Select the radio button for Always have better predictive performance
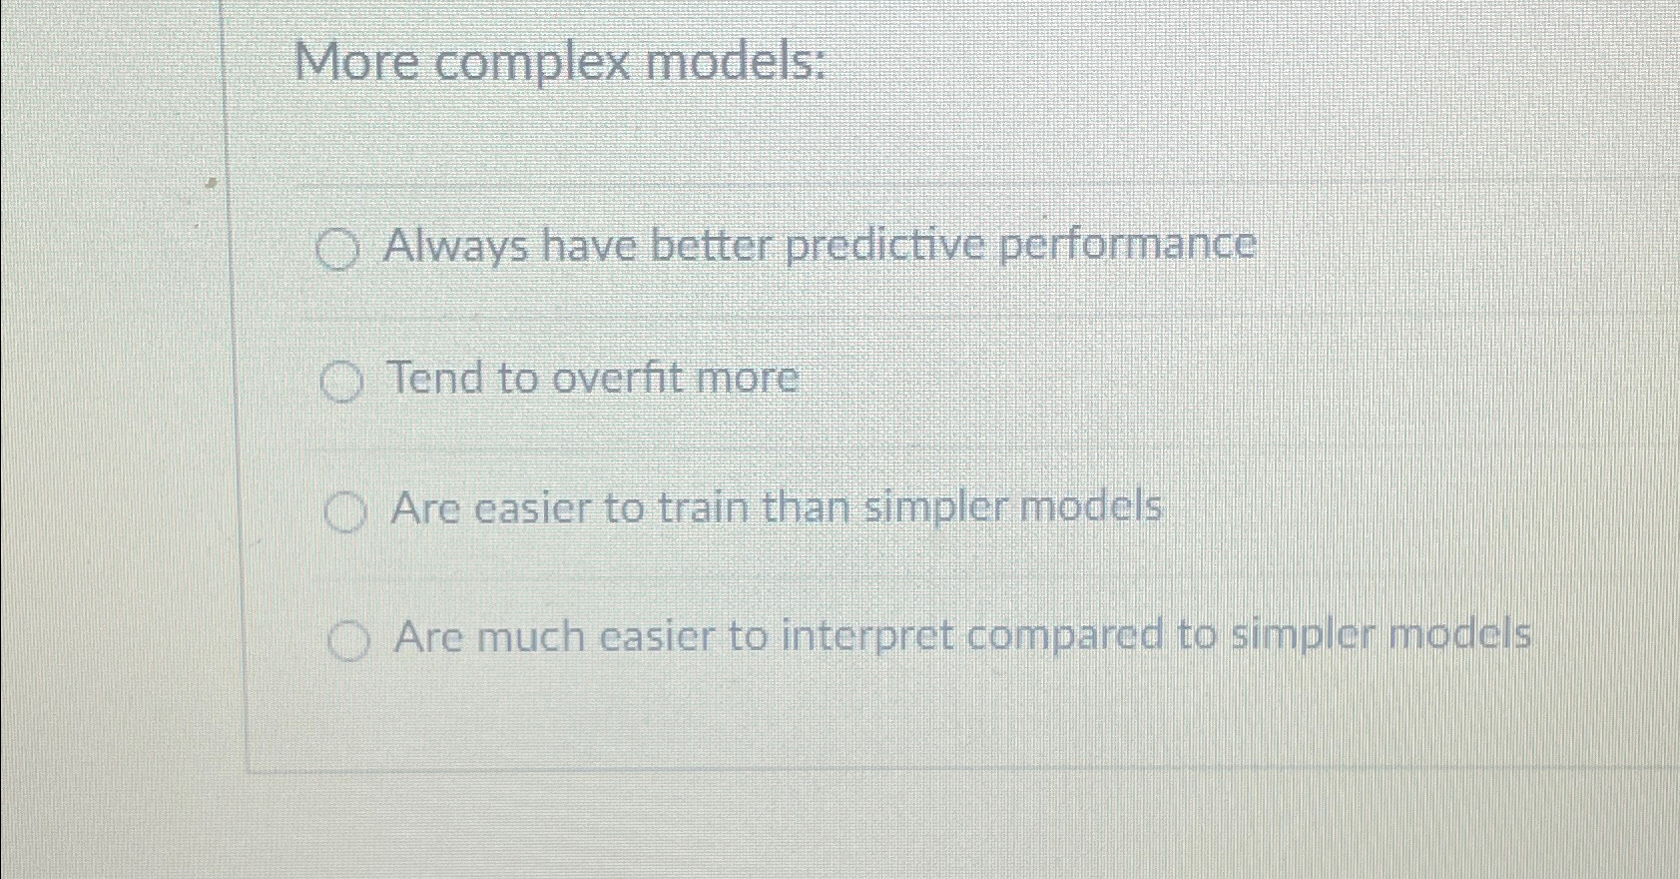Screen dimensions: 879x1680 [x=336, y=250]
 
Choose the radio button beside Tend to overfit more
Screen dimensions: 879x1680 [x=341, y=382]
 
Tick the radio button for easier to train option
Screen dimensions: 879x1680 [x=345, y=512]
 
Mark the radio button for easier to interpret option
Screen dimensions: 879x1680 [x=348, y=640]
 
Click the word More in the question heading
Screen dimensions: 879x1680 [x=357, y=62]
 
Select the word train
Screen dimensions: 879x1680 [x=704, y=507]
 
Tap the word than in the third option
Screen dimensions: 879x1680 [x=807, y=507]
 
